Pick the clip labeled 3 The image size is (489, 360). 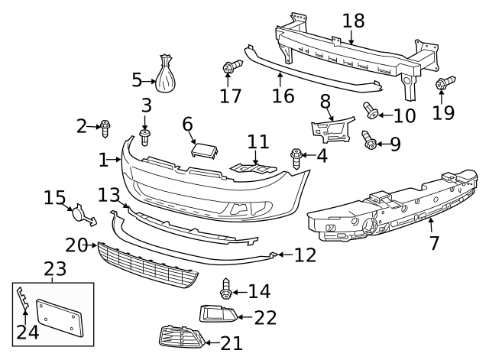(x=144, y=136)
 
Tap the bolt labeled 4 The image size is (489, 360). (x=296, y=157)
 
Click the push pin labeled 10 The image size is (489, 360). (x=371, y=112)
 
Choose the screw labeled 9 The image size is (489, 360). (x=369, y=140)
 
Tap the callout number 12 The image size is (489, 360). (x=305, y=255)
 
